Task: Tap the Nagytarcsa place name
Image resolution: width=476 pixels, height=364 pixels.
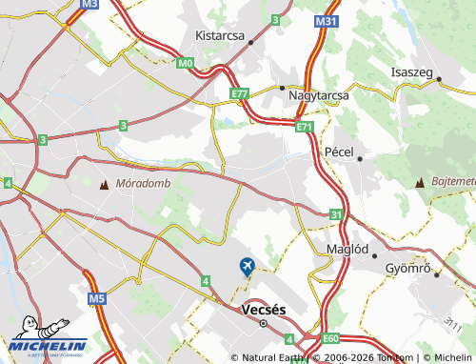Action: pyautogui.click(x=318, y=95)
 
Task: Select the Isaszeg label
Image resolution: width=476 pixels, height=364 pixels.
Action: pyautogui.click(x=412, y=72)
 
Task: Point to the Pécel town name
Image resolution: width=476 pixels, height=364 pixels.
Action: pyautogui.click(x=338, y=152)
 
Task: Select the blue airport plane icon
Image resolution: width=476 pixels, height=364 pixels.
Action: pyautogui.click(x=248, y=266)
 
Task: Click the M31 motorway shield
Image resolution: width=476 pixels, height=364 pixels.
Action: pyautogui.click(x=327, y=20)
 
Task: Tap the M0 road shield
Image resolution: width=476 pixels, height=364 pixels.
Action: pyautogui.click(x=185, y=64)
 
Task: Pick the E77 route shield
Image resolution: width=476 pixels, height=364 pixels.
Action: pyautogui.click(x=239, y=93)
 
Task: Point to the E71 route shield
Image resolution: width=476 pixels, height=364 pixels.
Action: pyautogui.click(x=304, y=126)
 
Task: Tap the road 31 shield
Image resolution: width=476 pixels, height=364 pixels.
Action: pyautogui.click(x=335, y=216)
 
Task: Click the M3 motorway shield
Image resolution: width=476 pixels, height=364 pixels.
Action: pyautogui.click(x=89, y=4)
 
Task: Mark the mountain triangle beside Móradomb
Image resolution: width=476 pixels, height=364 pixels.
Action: pyautogui.click(x=104, y=183)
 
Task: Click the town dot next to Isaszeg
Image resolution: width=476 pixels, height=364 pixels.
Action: pyautogui.click(x=438, y=80)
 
